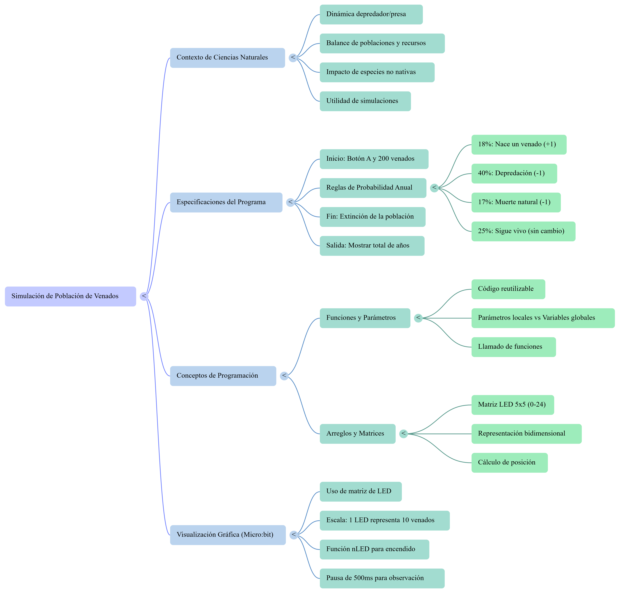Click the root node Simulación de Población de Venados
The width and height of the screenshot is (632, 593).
click(x=70, y=296)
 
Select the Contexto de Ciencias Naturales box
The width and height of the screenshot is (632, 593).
click(x=227, y=58)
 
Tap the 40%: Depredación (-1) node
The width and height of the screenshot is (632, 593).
click(x=514, y=174)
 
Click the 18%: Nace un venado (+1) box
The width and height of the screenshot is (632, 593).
click(x=519, y=145)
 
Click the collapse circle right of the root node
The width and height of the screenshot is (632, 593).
click(x=144, y=296)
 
